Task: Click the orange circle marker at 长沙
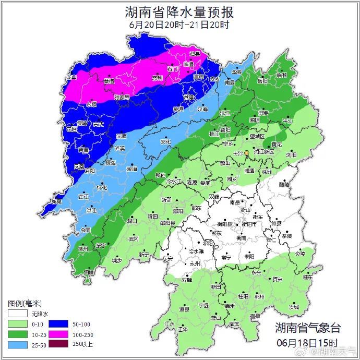[x=247, y=153]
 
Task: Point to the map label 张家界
[x=122, y=98]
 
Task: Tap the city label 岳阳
[x=262, y=81]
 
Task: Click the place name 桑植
[x=109, y=82]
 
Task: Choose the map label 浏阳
[x=291, y=155]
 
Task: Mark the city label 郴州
[x=259, y=296]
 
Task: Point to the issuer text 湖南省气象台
[x=308, y=328]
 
